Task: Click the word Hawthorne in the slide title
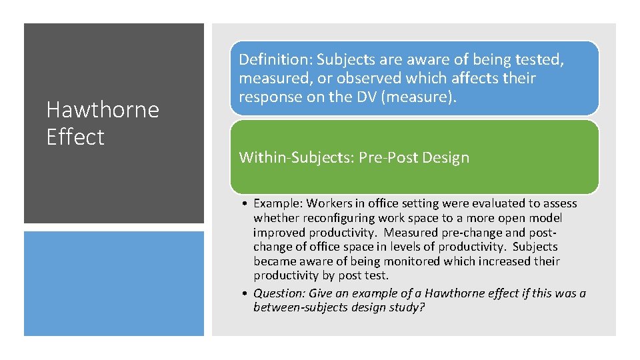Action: point(103,109)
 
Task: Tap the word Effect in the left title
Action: point(75,137)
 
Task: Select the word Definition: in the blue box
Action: point(275,59)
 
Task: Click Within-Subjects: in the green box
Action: point(296,157)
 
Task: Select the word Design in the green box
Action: point(447,157)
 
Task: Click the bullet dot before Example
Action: point(245,204)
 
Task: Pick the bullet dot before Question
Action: point(245,293)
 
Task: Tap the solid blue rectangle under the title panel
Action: point(114,283)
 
